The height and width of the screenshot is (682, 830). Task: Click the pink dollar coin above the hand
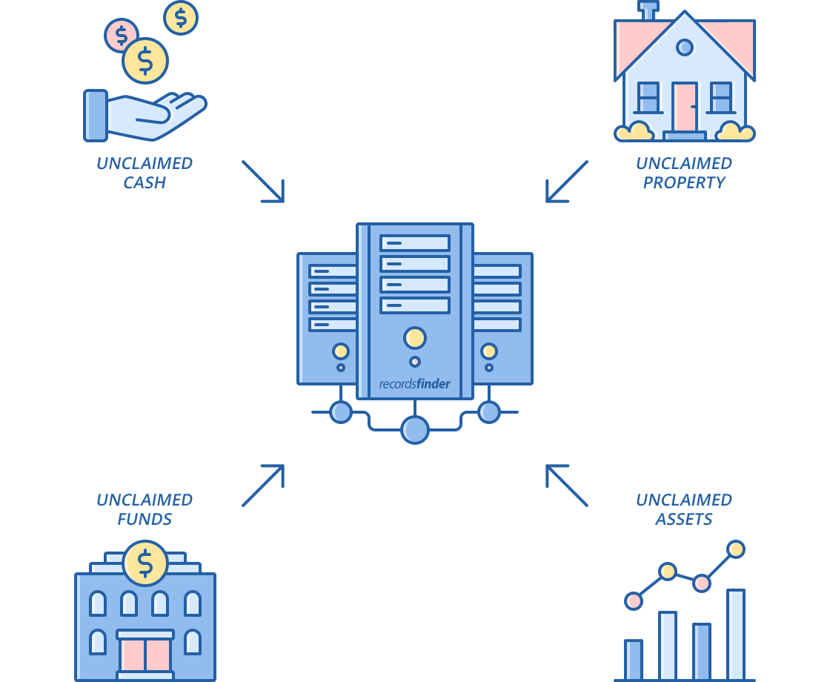coord(121,35)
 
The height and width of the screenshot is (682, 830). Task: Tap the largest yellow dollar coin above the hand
coord(145,61)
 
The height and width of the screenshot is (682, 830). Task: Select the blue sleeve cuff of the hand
coord(96,116)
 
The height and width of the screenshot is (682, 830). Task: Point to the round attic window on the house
coord(685,47)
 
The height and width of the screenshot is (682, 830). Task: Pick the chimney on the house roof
coord(649,10)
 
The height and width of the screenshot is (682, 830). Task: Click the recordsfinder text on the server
coord(414,384)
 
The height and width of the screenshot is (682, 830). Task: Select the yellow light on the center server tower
coord(415,338)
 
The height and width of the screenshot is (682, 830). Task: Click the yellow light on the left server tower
coord(341,351)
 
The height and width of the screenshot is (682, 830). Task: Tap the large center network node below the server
coord(415,430)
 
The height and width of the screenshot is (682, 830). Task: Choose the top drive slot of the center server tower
coord(415,243)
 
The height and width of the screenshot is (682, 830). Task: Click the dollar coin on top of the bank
coord(145,563)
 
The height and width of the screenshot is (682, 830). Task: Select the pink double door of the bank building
coord(145,654)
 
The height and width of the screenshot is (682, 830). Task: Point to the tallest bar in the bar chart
coord(736,635)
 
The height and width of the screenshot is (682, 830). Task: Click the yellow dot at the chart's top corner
coord(736,549)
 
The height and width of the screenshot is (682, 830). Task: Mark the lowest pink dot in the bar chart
coord(634,601)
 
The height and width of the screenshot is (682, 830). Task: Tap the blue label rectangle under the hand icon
coord(145,173)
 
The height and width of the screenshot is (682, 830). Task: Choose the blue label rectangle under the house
coord(684,173)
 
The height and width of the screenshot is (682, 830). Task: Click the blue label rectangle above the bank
coord(145,509)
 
